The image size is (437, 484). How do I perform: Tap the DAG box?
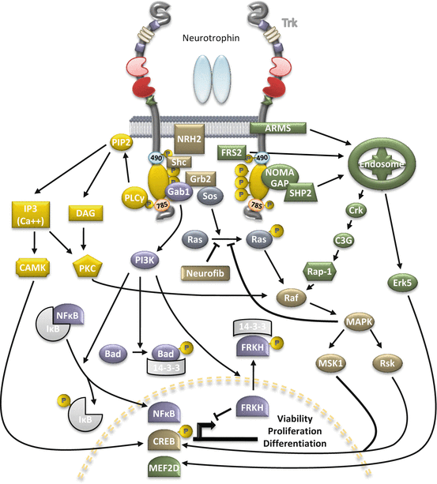pos(87,212)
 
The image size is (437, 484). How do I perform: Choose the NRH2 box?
pos(188,139)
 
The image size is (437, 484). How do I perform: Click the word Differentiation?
pos(292,445)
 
